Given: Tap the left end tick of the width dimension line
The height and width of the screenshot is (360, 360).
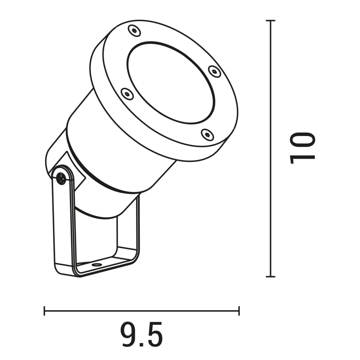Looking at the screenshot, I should tap(45, 311).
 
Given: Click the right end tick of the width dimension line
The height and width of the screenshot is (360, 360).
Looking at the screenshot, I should tap(239, 311).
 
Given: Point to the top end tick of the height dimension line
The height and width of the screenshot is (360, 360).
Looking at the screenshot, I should tap(270, 20).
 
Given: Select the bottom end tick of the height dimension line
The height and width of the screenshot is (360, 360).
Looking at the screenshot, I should tap(270, 276).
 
